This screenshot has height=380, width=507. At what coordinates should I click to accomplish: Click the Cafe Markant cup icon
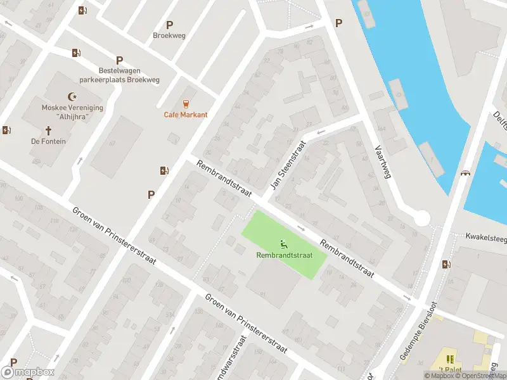(186, 103)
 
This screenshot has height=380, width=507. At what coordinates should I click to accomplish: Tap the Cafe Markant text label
(186, 115)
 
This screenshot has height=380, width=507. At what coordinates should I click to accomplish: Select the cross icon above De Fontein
(48, 130)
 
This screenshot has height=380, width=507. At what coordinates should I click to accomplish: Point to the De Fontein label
(48, 141)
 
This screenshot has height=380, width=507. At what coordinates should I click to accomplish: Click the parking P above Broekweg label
(169, 25)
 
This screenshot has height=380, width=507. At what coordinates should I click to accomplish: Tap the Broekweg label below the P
(169, 35)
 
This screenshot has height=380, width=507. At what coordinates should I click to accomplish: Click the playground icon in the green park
(285, 243)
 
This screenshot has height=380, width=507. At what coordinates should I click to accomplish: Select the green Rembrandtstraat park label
(285, 255)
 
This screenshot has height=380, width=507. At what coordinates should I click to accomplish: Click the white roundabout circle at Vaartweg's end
(421, 218)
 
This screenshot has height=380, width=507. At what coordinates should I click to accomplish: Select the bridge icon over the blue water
(466, 173)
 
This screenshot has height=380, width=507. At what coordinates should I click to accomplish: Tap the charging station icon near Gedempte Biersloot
(447, 264)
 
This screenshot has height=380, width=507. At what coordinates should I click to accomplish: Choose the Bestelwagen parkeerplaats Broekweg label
(119, 75)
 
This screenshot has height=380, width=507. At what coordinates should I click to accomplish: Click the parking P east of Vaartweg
(338, 23)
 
